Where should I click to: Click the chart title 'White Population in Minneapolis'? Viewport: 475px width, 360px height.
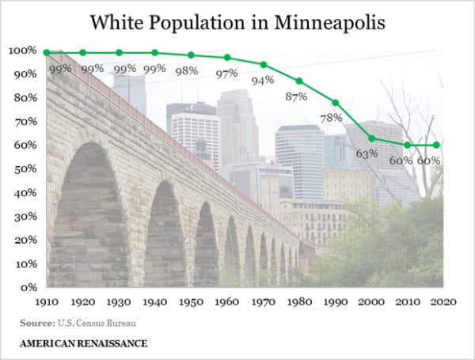tap(237, 21)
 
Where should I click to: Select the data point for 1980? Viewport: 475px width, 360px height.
tap(299, 81)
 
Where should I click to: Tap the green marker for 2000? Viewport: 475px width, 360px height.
tap(371, 138)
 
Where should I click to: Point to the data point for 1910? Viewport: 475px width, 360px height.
tap(47, 52)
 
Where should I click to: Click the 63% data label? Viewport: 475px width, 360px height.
tap(367, 153)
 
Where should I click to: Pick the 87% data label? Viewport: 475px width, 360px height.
tap(298, 97)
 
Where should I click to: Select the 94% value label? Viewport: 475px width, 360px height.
tap(262, 79)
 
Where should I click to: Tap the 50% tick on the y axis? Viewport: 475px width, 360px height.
tap(23, 169)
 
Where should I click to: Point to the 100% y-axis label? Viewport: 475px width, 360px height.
tap(21, 50)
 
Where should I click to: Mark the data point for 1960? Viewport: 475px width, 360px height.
tap(227, 57)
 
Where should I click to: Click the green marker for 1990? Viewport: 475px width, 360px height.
tap(336, 103)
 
